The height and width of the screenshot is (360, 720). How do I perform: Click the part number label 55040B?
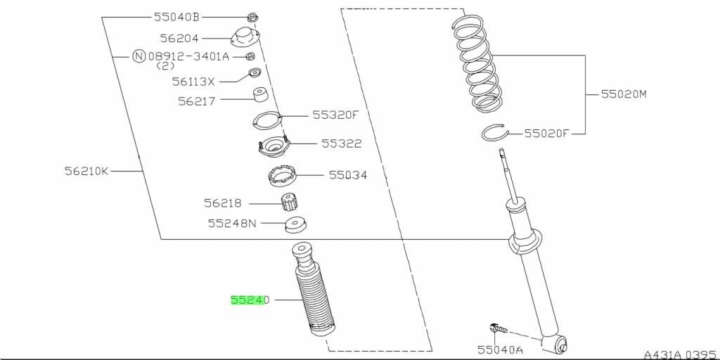point(176,18)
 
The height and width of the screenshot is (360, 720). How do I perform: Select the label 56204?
point(179,38)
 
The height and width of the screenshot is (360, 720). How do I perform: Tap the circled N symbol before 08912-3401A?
point(139,56)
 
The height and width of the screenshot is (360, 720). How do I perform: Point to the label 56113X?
point(193,82)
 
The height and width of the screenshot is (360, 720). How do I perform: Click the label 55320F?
point(335,115)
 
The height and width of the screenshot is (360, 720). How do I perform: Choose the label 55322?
point(341,143)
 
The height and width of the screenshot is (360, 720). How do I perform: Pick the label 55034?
point(347,175)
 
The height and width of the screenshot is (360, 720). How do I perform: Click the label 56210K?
point(86,172)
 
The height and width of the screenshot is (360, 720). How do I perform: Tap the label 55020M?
point(624,95)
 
